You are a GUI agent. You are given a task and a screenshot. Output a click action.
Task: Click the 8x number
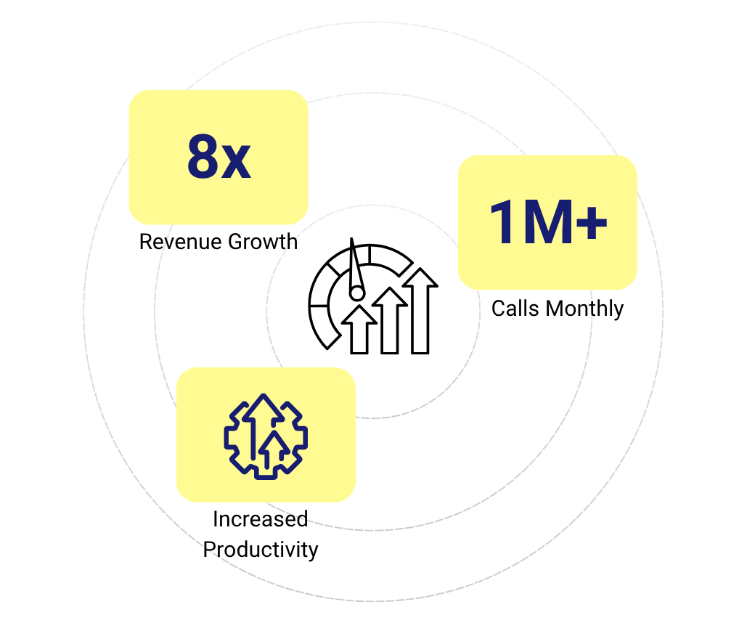(x=219, y=157)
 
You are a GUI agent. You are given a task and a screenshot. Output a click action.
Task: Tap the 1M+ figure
(x=548, y=221)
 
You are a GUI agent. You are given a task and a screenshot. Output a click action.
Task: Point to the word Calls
(x=515, y=309)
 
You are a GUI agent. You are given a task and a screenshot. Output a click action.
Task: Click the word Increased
(x=260, y=519)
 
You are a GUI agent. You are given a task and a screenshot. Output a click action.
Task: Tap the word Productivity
(x=260, y=549)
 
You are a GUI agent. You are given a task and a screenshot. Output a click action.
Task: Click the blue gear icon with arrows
(x=265, y=436)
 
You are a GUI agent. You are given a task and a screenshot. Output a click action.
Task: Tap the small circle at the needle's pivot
(x=356, y=293)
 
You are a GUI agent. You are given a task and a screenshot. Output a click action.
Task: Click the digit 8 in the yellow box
(x=203, y=157)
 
